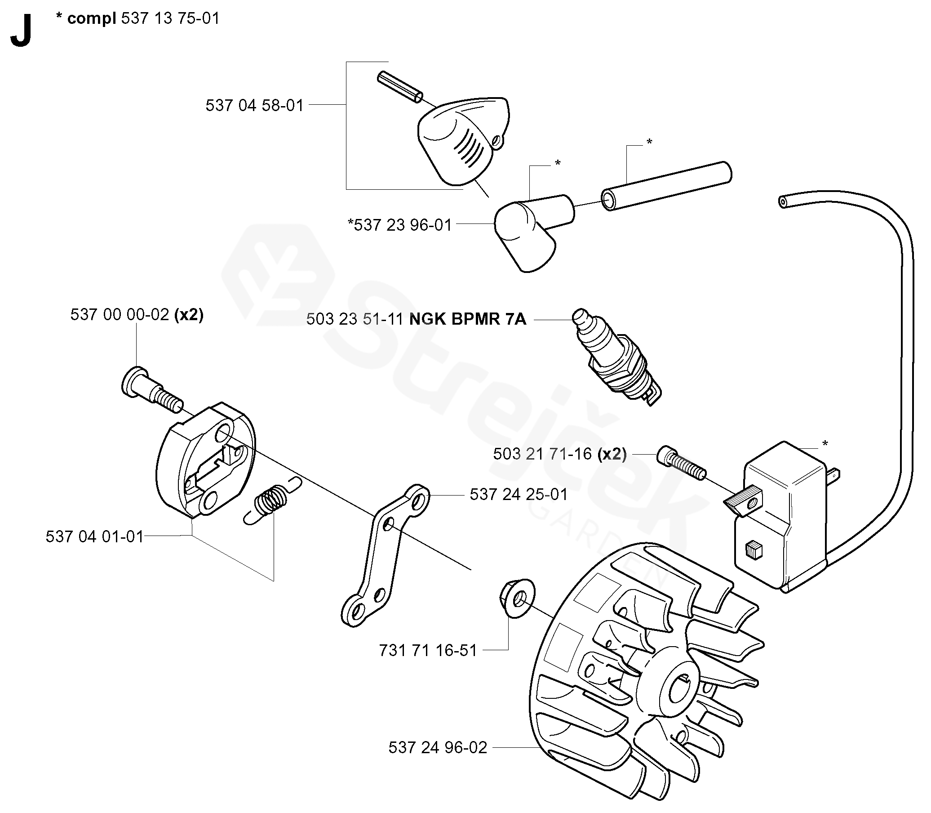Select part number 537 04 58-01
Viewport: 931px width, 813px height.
[x=254, y=106]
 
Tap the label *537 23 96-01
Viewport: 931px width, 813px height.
[x=400, y=225]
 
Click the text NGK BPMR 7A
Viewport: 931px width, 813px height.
[x=468, y=319]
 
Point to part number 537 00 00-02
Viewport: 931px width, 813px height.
[x=120, y=314]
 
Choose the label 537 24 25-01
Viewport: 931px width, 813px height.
[x=519, y=495]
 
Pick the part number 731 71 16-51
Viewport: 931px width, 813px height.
[x=428, y=651]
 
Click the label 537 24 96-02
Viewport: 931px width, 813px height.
[x=437, y=748]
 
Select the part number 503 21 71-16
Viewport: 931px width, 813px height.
[x=542, y=454]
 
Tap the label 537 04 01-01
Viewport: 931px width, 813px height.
[x=94, y=537]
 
